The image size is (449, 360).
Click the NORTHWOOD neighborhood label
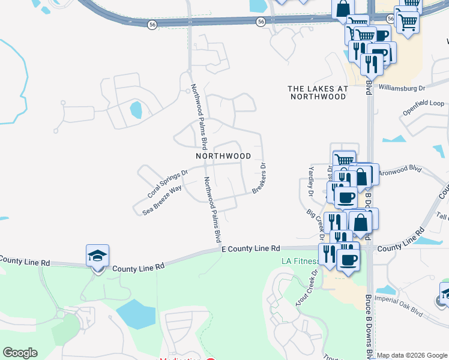(223, 156)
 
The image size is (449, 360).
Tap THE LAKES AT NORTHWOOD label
(318, 92)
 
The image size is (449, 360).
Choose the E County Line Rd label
(250, 248)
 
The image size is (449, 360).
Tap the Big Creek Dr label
(315, 223)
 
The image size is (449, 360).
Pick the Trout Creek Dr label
(306, 288)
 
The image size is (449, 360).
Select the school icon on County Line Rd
(98, 256)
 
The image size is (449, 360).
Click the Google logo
(20, 353)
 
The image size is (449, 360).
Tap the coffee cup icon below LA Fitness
(348, 260)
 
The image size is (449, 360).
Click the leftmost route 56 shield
(152, 24)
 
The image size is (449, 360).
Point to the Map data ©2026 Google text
(412, 355)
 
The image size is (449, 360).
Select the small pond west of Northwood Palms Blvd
(136, 110)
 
